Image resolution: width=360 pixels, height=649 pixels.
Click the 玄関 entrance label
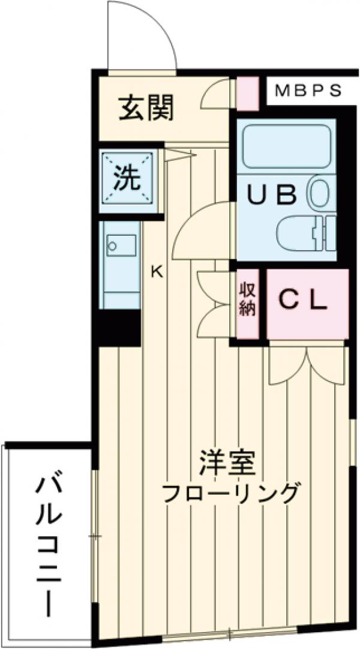click(146, 108)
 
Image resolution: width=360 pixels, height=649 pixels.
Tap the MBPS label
click(308, 91)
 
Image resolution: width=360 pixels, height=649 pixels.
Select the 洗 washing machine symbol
click(127, 178)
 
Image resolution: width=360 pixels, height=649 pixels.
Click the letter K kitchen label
click(156, 271)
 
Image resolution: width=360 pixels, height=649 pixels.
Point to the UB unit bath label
click(273, 195)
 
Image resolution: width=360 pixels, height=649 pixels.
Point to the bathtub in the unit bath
click(286, 147)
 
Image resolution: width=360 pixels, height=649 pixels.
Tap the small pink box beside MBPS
click(247, 94)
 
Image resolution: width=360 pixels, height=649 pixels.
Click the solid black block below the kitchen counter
click(119, 329)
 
